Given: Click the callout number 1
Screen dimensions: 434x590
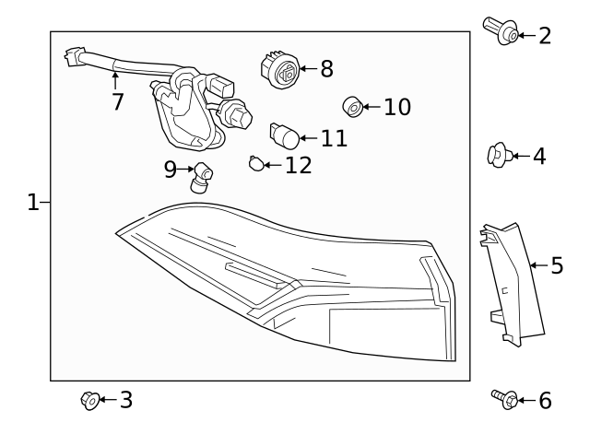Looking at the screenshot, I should point(32,202).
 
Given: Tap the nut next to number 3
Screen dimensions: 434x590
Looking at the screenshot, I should point(89,400).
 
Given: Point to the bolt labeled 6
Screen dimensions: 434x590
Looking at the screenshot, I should point(503,399).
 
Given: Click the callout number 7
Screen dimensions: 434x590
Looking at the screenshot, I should point(117,101).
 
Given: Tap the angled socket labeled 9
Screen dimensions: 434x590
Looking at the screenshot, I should point(202,176).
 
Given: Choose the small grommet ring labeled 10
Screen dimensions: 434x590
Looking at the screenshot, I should point(351,107).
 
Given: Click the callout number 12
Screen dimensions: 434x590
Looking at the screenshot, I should point(299,166).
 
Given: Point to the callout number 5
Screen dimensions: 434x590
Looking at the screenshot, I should point(556,266).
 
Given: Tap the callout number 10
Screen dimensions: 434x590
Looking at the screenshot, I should point(396,107).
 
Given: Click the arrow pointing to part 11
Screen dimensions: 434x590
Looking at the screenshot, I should point(308,138).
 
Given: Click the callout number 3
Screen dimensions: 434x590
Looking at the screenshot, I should point(125,400).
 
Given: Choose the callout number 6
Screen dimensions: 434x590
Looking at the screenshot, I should point(544,400).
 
